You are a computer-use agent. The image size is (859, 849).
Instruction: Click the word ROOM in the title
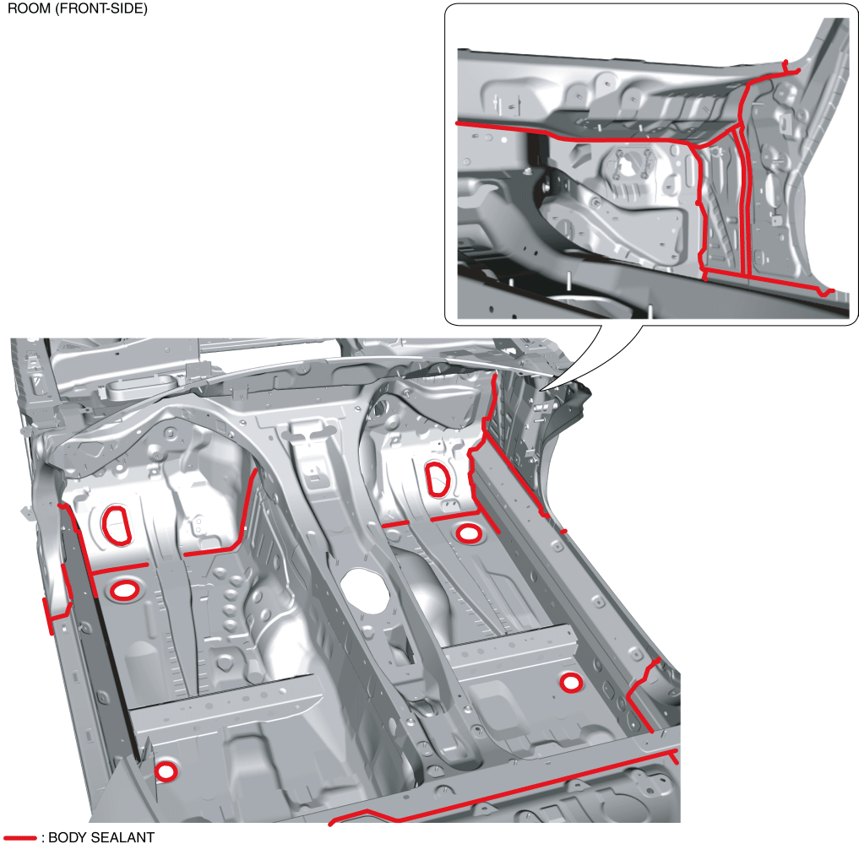pos(29,8)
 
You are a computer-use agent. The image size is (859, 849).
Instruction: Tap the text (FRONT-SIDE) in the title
pos(101,8)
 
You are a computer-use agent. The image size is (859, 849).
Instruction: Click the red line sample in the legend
pos(19,837)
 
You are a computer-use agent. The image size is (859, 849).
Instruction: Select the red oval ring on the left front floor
pos(124,590)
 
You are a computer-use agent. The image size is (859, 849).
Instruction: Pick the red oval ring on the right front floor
pos(470,533)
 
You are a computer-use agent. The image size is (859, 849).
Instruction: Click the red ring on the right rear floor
pos(571,683)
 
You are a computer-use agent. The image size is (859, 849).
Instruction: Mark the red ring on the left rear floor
pos(166,771)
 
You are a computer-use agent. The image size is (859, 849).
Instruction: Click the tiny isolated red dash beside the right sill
pos(563,531)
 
